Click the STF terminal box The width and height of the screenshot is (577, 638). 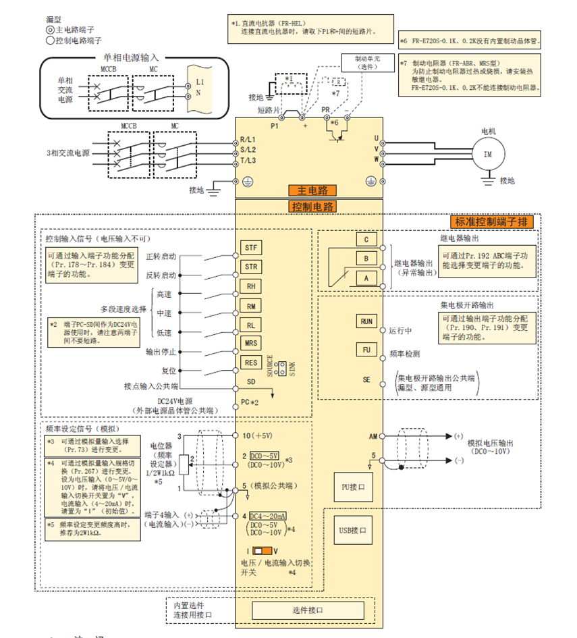tap(250, 247)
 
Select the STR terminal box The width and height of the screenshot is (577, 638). tap(250, 267)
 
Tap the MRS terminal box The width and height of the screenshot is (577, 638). tap(250, 343)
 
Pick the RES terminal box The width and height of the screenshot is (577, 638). tap(250, 363)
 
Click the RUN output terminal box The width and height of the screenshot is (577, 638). tap(366, 321)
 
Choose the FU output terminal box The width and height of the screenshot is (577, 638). tap(366, 350)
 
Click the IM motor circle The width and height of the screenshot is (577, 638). tap(488, 154)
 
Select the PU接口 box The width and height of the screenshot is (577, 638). tap(353, 486)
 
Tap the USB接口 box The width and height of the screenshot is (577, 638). tap(353, 530)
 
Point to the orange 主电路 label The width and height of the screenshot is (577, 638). tap(312, 190)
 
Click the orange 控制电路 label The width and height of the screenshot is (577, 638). tap(312, 207)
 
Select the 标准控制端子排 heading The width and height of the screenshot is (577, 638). tap(493, 222)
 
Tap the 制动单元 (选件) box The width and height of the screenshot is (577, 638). tap(367, 63)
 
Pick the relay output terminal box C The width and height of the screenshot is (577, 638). tap(366, 239)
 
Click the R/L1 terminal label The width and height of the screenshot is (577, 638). tap(249, 140)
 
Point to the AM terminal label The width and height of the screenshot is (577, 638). tap(373, 437)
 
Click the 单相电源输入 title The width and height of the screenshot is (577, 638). tap(131, 58)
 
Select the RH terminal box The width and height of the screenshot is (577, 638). tap(250, 286)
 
